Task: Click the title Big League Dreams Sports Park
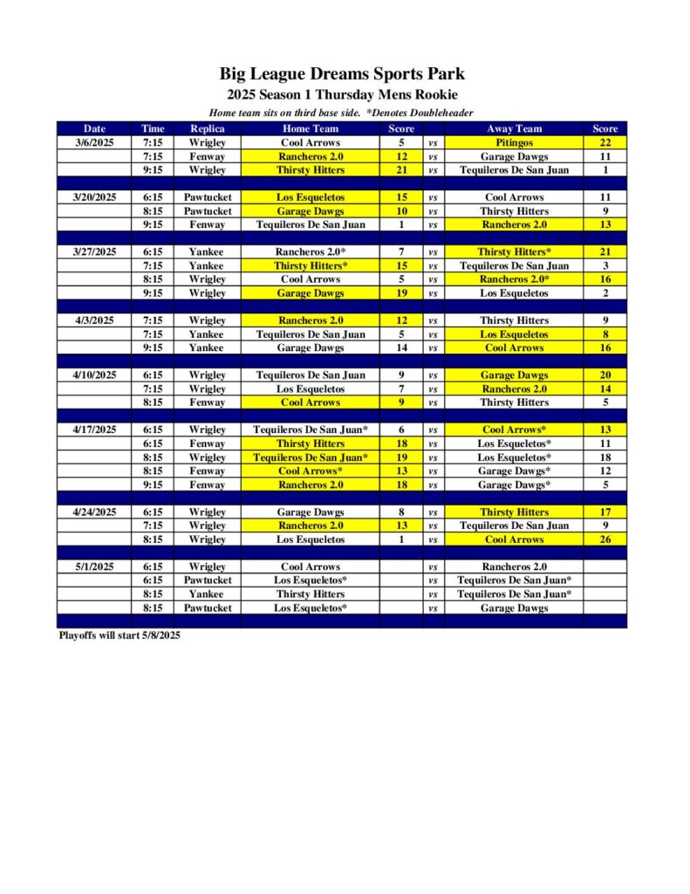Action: point(342,74)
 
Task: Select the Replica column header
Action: point(207,128)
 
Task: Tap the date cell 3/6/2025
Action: point(94,142)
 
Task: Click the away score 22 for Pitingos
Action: point(605,142)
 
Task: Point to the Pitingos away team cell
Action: point(514,142)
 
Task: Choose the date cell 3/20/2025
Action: point(94,197)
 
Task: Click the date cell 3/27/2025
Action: point(94,251)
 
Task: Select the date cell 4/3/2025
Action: point(94,320)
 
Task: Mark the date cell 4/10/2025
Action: point(94,375)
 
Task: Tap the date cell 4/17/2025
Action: point(94,430)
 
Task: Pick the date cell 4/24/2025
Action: point(94,512)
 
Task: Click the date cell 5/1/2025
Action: point(94,567)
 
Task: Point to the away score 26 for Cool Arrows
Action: point(605,540)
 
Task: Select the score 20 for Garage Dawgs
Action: point(605,375)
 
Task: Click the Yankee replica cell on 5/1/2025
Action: point(207,594)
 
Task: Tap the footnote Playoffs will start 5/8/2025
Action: point(119,636)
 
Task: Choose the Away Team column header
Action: point(514,128)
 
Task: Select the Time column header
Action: point(153,128)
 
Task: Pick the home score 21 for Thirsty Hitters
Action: point(400,170)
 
